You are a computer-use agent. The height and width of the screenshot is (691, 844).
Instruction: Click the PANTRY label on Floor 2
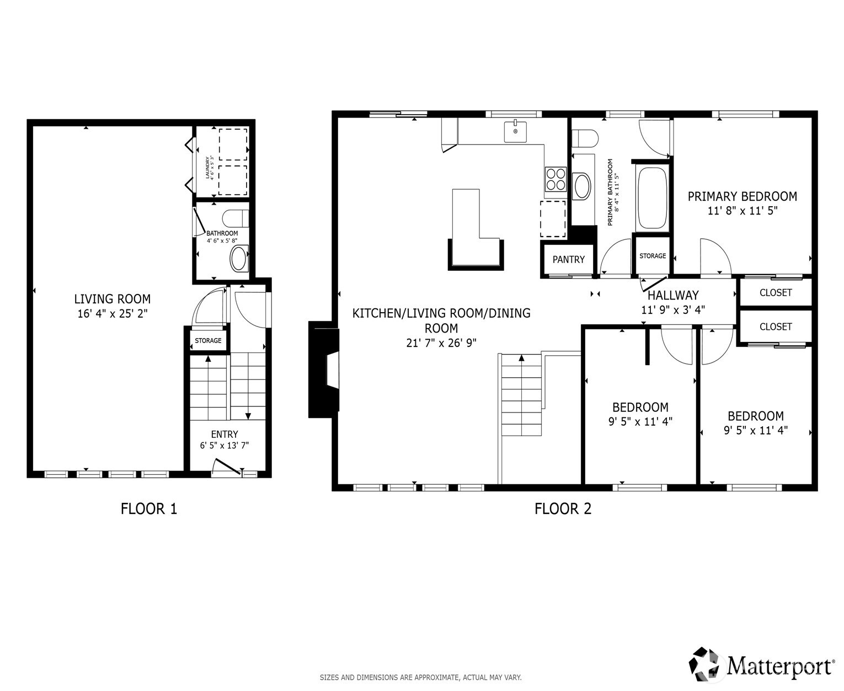(568, 259)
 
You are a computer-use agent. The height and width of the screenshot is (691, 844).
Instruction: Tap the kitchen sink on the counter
(515, 132)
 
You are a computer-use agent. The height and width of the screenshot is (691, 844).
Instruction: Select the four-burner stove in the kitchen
(555, 178)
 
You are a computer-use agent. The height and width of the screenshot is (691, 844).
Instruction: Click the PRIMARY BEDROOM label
(742, 196)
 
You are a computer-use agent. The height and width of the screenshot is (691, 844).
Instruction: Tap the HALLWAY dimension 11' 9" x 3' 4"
(672, 310)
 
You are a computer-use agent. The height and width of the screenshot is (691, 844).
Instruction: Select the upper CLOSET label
(775, 293)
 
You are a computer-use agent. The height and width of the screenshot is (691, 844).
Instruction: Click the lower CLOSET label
(775, 326)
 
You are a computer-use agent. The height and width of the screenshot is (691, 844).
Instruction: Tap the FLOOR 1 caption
(149, 508)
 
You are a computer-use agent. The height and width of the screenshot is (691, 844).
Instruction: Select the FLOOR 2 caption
(563, 508)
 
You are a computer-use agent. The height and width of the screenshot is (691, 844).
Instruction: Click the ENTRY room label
(225, 434)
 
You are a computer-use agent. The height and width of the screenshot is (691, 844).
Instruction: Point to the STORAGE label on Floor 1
(208, 341)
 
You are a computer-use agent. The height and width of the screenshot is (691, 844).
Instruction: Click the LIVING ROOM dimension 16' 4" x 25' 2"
(113, 314)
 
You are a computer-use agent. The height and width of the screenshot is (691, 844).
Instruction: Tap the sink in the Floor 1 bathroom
(239, 259)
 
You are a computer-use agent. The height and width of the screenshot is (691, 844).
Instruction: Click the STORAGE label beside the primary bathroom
(652, 256)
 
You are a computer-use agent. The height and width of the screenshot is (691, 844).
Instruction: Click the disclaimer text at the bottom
(420, 677)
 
